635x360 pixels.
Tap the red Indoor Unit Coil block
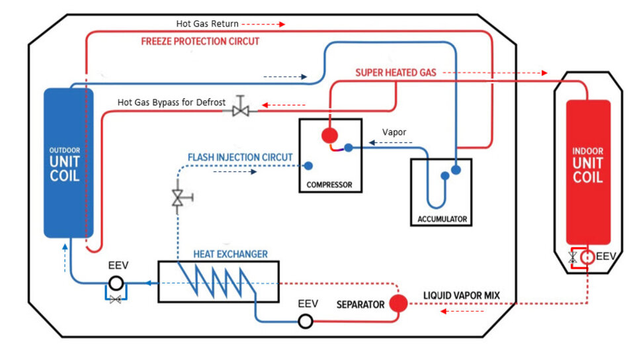point(587,172)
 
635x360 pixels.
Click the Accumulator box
point(442,192)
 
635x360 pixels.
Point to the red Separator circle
point(398,304)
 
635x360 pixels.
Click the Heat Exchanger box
point(218,282)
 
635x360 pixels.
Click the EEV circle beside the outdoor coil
point(116,283)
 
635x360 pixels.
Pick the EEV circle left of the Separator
point(305,322)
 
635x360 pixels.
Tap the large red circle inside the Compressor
point(329,136)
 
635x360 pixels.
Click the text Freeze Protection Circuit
point(200,41)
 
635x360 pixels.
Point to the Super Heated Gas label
point(396,73)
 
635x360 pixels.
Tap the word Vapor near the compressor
point(394,132)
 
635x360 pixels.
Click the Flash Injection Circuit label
point(240,157)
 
